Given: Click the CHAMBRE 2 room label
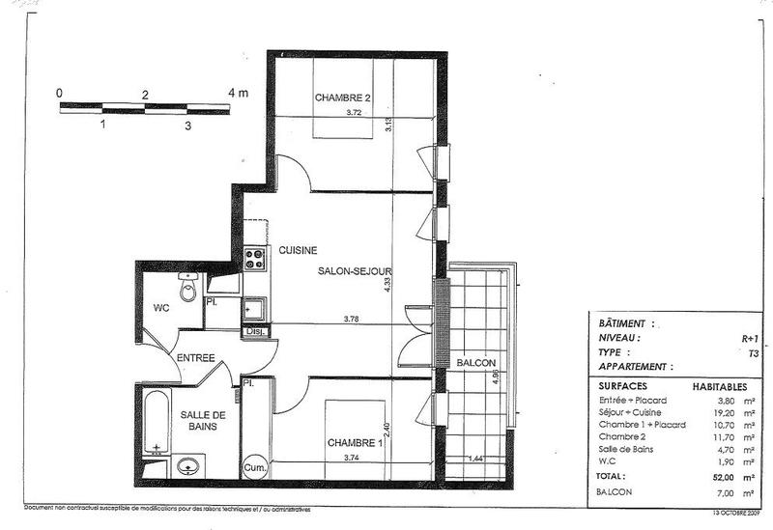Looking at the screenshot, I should tap(343, 97).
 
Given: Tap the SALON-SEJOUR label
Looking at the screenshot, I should tap(353, 273).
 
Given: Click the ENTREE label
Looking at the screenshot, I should tap(195, 358).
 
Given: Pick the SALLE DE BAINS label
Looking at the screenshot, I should tap(202, 421).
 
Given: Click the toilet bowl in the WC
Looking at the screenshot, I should tap(188, 289).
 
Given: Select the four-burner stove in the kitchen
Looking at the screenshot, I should tap(255, 258).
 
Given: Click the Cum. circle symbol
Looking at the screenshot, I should tap(255, 467).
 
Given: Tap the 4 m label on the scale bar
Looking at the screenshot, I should tap(237, 94).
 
